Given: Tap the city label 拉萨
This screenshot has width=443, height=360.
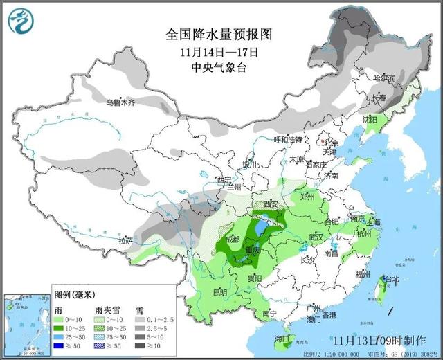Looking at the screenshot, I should click(x=125, y=241).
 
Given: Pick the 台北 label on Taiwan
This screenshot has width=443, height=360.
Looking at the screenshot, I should click(x=392, y=279).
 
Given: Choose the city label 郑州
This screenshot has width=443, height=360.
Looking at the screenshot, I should click(x=307, y=196).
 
